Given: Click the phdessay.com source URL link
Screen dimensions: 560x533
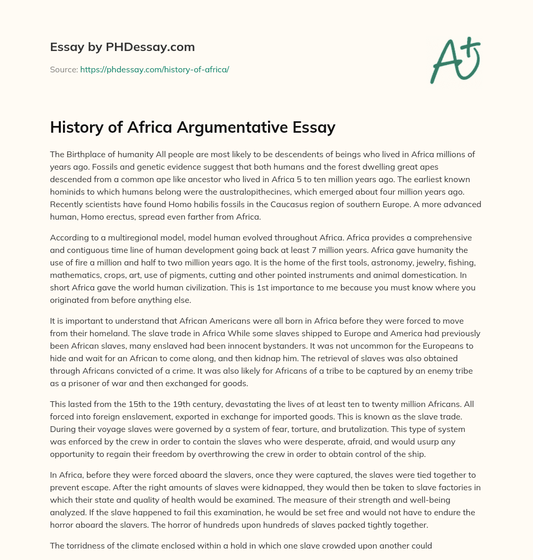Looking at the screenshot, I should [x=155, y=69].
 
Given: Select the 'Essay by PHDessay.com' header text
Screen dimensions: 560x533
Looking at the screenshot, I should [x=122, y=47].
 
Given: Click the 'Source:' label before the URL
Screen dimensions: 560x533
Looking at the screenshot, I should [x=64, y=69].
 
